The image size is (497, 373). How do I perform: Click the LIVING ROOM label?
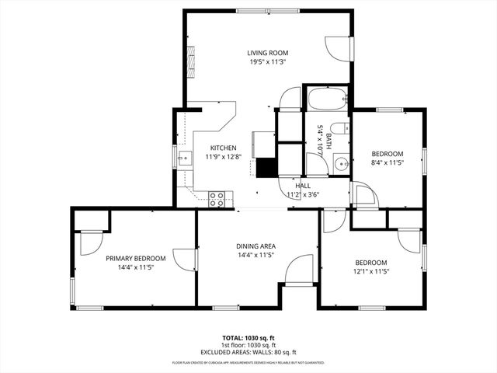tap(268, 53)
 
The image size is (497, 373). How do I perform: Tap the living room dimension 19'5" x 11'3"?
tap(268, 62)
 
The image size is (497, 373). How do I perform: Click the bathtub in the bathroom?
tap(325, 99)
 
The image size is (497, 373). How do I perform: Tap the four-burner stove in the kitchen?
tap(217, 198)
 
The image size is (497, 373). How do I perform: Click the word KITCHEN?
tap(224, 148)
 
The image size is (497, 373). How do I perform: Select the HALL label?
tap(303, 186)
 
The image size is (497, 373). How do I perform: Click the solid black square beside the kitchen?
tap(267, 168)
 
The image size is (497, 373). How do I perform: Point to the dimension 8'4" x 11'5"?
tap(386, 163)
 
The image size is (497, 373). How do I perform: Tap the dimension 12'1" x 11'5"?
tap(370, 271)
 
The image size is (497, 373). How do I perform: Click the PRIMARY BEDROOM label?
tap(135, 258)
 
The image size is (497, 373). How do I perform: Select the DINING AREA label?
tap(255, 246)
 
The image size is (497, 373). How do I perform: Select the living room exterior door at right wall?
tap(339, 48)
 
